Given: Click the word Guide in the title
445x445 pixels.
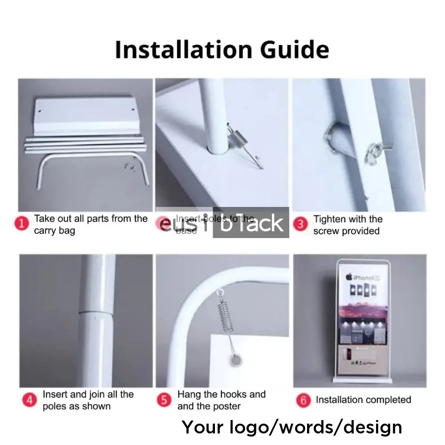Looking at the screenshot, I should pyautogui.click(x=295, y=49).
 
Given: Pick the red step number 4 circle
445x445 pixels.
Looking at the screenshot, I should pyautogui.click(x=29, y=400).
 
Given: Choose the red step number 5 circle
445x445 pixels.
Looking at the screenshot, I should pyautogui.click(x=164, y=400).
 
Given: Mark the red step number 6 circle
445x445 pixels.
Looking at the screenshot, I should pyautogui.click(x=303, y=400).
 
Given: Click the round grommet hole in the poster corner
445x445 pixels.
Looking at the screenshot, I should pyautogui.click(x=232, y=360).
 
